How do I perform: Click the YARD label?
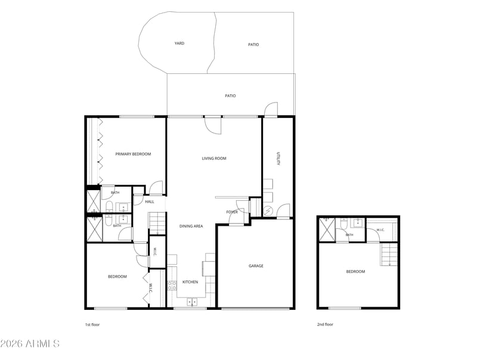pyautogui.click(x=179, y=44)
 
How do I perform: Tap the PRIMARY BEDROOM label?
pyautogui.click(x=133, y=154)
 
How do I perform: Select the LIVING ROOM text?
pyautogui.click(x=214, y=159)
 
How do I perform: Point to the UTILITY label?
pyautogui.click(x=278, y=159)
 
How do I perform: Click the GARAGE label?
pyautogui.click(x=256, y=266)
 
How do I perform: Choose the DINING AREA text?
pyautogui.click(x=191, y=226)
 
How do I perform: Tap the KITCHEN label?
pyautogui.click(x=190, y=282)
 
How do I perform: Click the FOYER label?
pyautogui.click(x=232, y=212)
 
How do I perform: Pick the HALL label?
pyautogui.click(x=150, y=202)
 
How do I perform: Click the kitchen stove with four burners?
pyautogui.click(x=172, y=286)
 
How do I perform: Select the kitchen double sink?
pyautogui.click(x=191, y=302)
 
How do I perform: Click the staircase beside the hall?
pyautogui.click(x=157, y=224)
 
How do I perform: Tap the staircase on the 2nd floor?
pyautogui.click(x=389, y=254)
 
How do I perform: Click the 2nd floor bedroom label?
pyautogui.click(x=355, y=272)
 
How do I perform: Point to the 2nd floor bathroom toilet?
pyautogui.click(x=344, y=224)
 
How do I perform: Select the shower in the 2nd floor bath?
pyautogui.click(x=326, y=230)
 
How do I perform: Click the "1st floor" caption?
pyautogui.click(x=92, y=325)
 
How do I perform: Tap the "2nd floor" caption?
pyautogui.click(x=325, y=324)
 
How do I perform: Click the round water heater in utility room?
pyautogui.click(x=268, y=210)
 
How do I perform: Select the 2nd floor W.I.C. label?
pyautogui.click(x=380, y=230)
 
